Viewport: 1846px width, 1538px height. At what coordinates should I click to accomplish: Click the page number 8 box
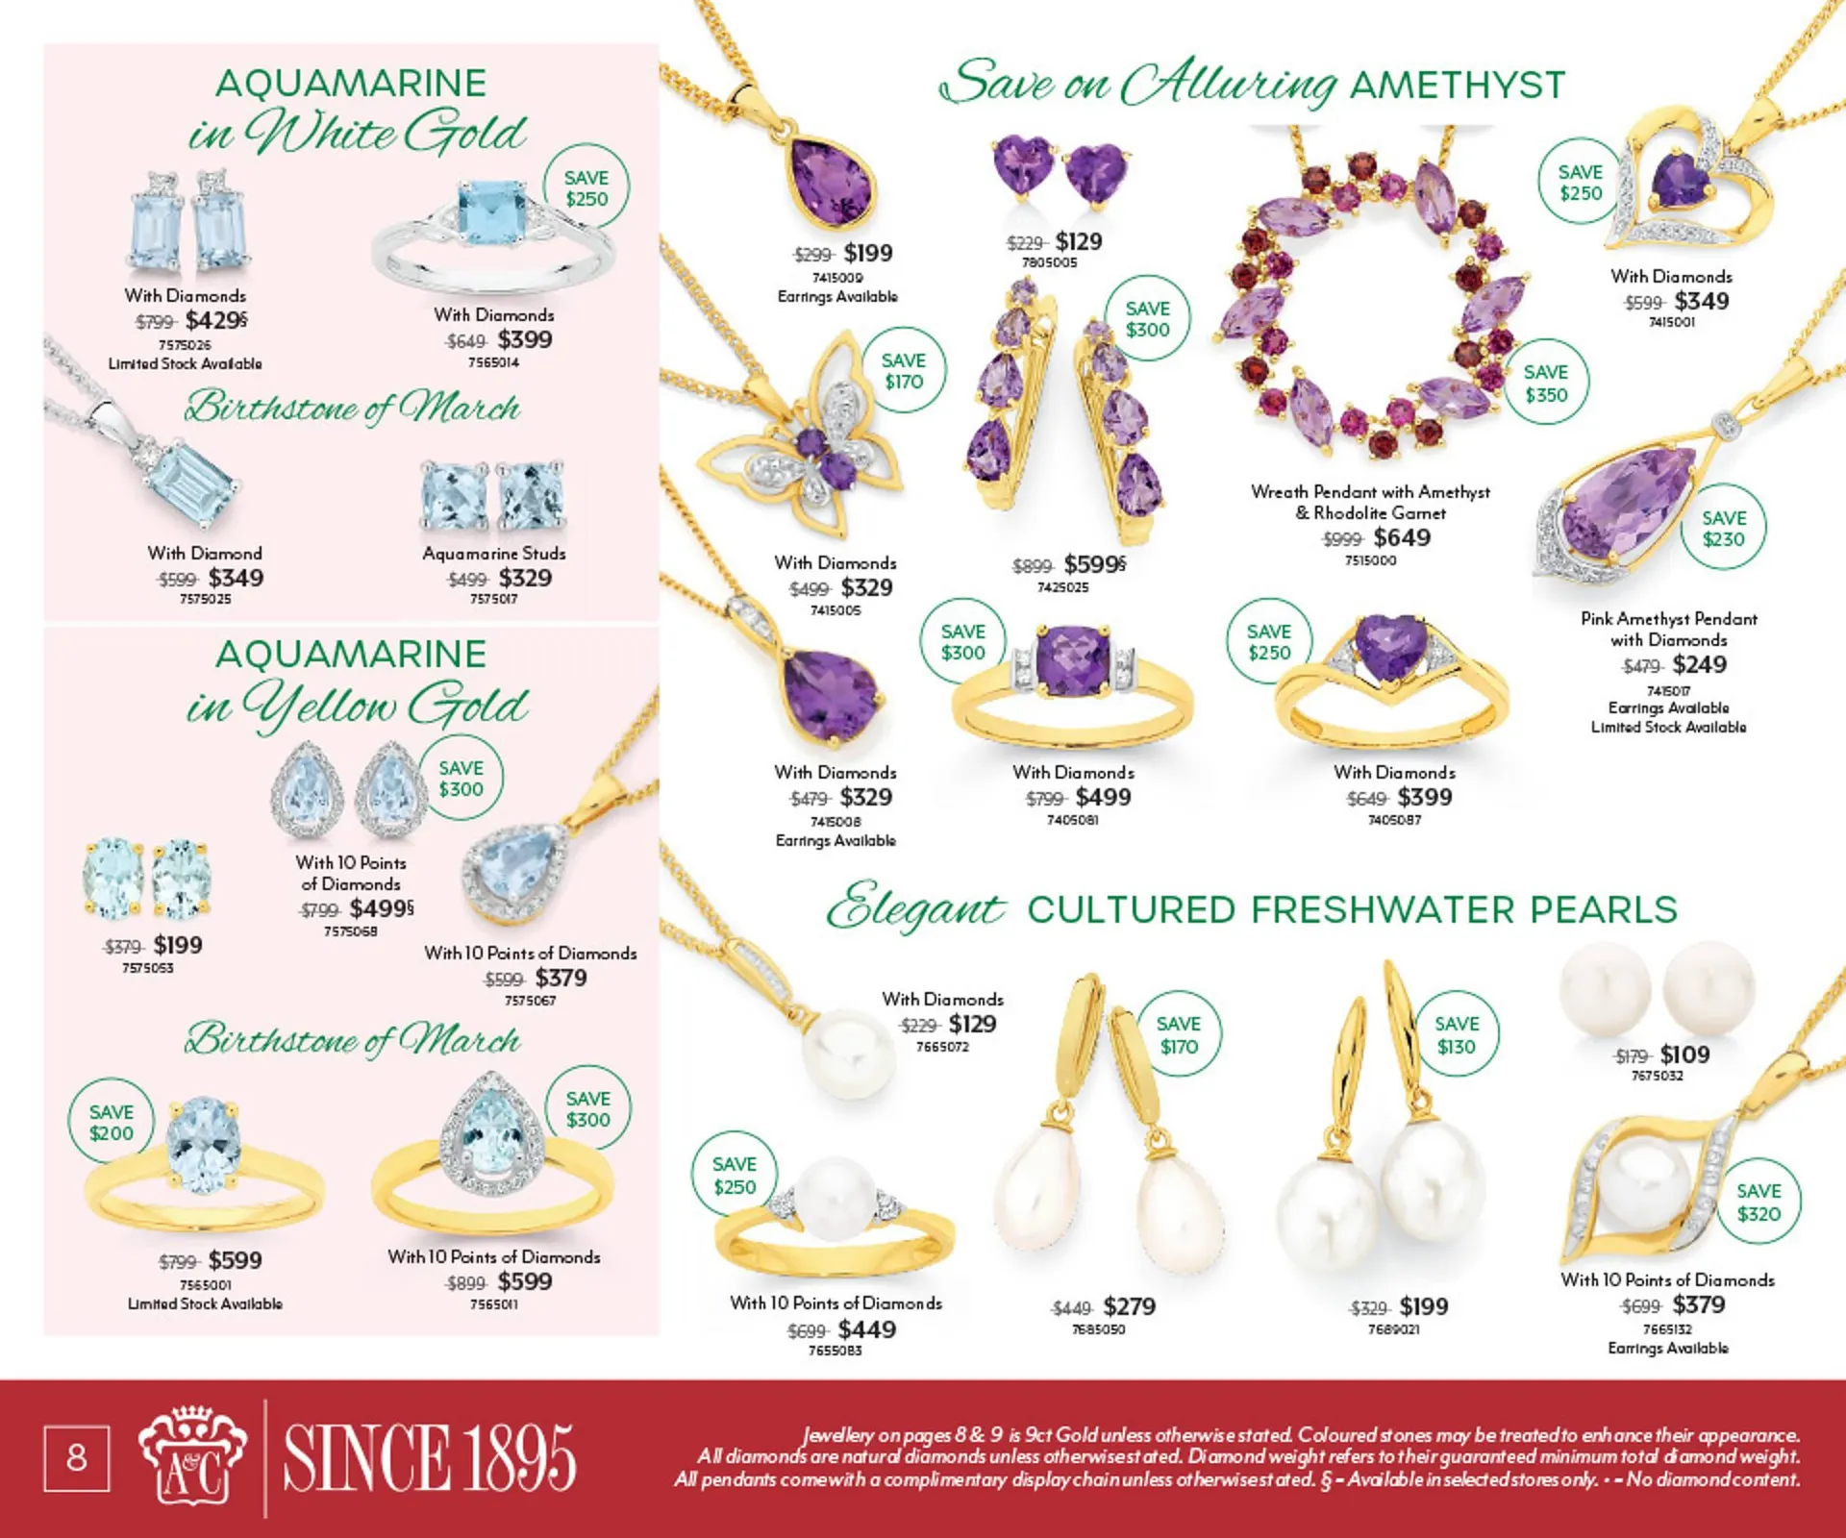(77, 1458)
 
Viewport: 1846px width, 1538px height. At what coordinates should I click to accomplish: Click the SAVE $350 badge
(1545, 384)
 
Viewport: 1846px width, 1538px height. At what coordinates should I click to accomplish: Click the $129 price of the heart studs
(1078, 241)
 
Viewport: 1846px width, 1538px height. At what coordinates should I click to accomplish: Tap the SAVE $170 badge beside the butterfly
(904, 371)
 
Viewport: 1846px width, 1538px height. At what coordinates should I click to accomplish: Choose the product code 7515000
(1370, 560)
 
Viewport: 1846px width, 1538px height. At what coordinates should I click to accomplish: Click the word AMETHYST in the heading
(1458, 86)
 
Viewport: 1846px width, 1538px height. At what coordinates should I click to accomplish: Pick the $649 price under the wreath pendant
(1401, 537)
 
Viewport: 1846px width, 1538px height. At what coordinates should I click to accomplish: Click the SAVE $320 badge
(1759, 1203)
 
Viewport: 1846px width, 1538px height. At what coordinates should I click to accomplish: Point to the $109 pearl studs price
(1684, 1054)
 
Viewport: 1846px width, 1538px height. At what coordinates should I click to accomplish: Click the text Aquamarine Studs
(494, 554)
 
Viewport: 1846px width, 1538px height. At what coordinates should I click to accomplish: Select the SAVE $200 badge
(112, 1123)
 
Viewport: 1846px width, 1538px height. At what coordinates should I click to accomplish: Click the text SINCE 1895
(429, 1458)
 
